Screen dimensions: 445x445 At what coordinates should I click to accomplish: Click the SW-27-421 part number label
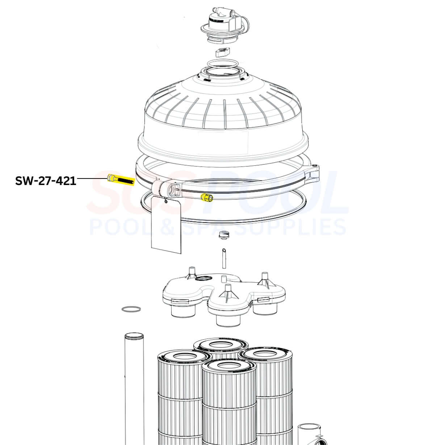(46, 181)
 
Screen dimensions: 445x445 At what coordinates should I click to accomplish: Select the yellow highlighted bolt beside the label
(121, 179)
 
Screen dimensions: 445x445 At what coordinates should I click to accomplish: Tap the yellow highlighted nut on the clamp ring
(207, 198)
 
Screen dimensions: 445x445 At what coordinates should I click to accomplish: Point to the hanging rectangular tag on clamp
(166, 224)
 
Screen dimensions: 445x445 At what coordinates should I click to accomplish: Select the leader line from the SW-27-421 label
(92, 179)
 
